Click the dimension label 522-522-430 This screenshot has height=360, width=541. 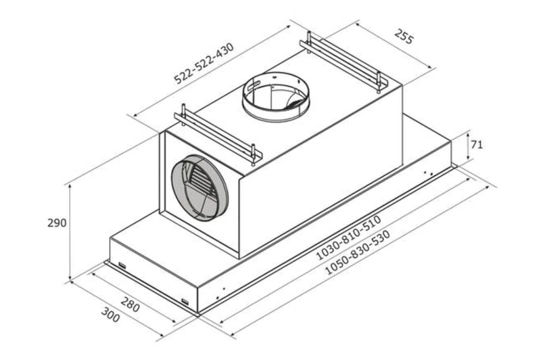pyautogui.click(x=204, y=64)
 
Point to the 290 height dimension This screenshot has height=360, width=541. pyautogui.click(x=57, y=223)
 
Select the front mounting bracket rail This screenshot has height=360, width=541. pyautogui.click(x=215, y=134)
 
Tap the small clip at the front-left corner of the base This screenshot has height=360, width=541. pyautogui.click(x=122, y=265)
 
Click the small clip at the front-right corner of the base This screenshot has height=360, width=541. pyautogui.click(x=185, y=301)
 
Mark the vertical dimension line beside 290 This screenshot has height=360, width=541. pyautogui.click(x=70, y=223)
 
